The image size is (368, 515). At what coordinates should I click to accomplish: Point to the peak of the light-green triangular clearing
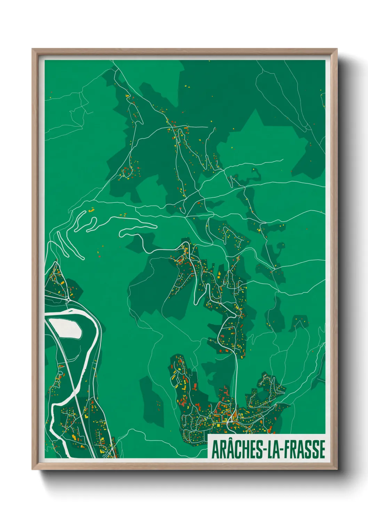tap(256, 109)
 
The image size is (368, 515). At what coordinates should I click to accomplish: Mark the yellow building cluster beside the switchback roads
tap(92, 210)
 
